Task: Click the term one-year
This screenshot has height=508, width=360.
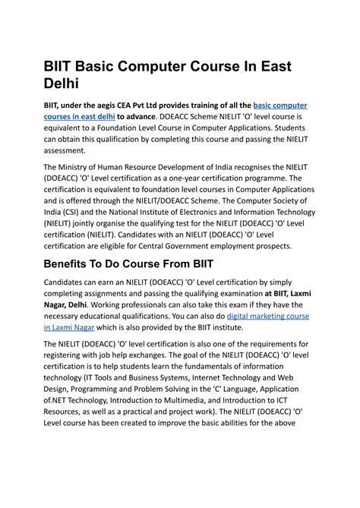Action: (205, 179)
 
